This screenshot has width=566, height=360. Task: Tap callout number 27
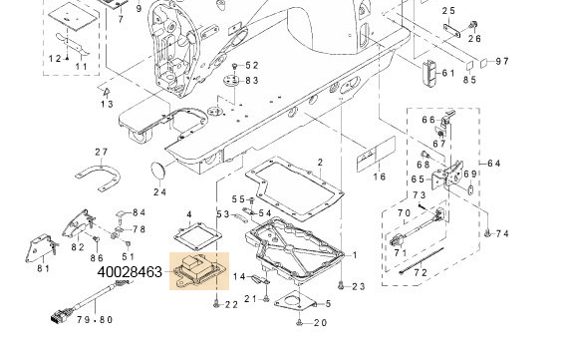click(x=101, y=152)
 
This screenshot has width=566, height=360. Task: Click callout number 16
click(x=379, y=177)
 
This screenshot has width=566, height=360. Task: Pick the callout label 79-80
click(x=94, y=320)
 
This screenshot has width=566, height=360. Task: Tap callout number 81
click(x=44, y=268)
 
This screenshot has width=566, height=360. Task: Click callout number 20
click(x=319, y=323)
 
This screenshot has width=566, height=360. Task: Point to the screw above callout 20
click(x=298, y=322)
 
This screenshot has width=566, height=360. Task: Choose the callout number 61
click(x=448, y=73)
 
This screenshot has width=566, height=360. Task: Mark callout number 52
click(x=251, y=65)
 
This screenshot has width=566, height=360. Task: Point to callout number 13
click(x=107, y=103)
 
